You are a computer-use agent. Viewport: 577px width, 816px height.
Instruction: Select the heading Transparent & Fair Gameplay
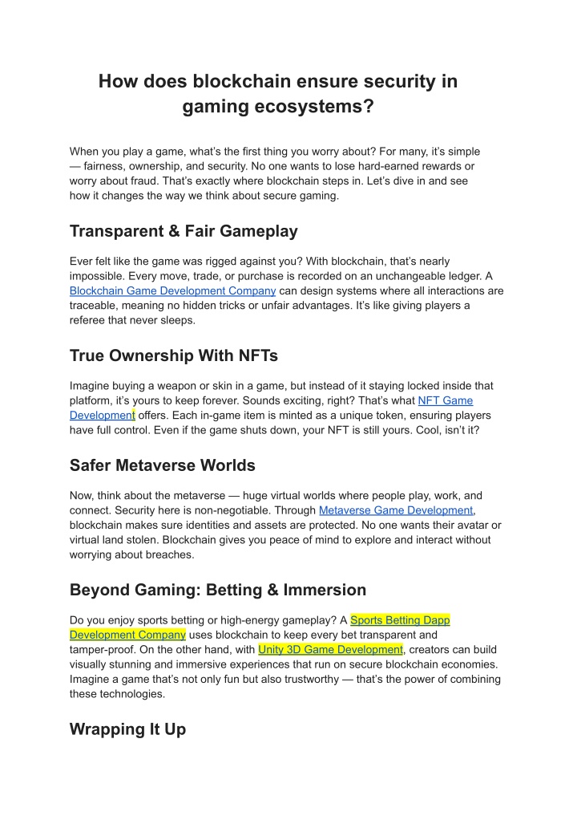pos(184,231)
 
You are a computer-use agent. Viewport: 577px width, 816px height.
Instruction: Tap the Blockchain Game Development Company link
pos(172,290)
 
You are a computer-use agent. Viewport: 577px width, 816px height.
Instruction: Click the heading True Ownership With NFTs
pos(174,355)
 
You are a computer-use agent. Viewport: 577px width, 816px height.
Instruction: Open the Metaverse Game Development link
pos(396,510)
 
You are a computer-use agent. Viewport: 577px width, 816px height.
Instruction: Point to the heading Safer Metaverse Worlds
pos(163,465)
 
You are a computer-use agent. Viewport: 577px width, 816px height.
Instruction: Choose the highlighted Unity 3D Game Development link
pos(330,649)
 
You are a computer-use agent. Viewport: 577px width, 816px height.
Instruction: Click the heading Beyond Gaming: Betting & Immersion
pos(218,590)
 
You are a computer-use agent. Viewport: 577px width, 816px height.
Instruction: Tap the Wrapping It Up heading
pos(127,729)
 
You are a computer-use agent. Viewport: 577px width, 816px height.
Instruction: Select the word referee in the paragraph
pos(88,320)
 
